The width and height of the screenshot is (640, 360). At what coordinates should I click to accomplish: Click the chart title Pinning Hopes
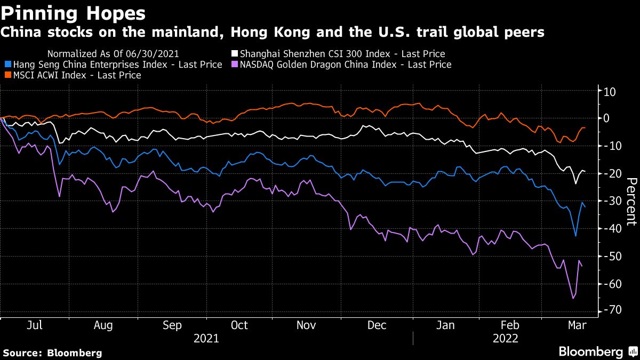(74, 11)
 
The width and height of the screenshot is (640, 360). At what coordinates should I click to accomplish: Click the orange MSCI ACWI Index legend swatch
(7, 76)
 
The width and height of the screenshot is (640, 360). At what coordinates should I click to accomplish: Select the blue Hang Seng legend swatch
(7, 65)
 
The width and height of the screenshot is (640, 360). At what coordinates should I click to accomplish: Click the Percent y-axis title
(631, 202)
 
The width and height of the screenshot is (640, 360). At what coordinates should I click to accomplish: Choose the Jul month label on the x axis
(35, 325)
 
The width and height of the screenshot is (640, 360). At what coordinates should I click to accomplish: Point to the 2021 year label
(206, 338)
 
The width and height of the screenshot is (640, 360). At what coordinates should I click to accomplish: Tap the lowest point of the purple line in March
(573, 298)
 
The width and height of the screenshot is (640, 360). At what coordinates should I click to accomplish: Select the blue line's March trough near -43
(575, 236)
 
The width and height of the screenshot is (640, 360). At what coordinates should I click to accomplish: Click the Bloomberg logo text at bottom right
(590, 352)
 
